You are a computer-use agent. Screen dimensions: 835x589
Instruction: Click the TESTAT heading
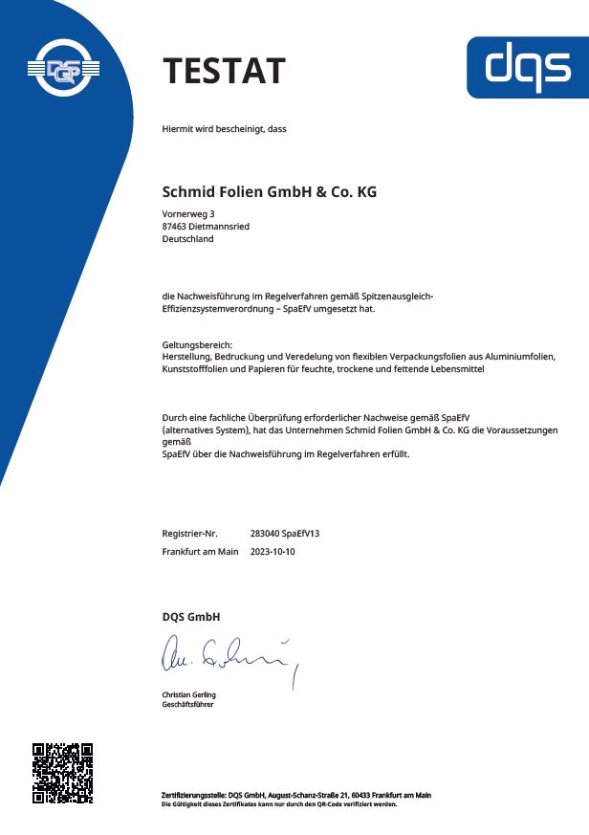[x=224, y=72]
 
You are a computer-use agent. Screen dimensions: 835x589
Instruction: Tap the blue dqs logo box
[x=527, y=67]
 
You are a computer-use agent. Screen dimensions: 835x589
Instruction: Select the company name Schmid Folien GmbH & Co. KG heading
[x=270, y=192]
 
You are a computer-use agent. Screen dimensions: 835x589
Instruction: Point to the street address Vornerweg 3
[x=189, y=212]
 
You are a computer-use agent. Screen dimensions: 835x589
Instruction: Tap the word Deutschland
[x=188, y=239]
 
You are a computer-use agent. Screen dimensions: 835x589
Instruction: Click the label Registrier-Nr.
[x=190, y=533]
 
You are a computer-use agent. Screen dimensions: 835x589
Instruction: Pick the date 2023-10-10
[x=273, y=552]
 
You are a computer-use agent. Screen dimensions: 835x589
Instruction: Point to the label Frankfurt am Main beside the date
[x=200, y=552]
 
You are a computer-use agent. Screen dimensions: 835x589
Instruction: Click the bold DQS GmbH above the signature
[x=191, y=617]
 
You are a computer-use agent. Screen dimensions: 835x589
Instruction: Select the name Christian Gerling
[x=189, y=694]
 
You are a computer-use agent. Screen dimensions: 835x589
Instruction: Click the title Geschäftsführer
[x=187, y=704]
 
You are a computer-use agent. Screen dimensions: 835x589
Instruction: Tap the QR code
[x=62, y=773]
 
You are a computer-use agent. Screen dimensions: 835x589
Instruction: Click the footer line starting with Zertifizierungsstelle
[x=295, y=795]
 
